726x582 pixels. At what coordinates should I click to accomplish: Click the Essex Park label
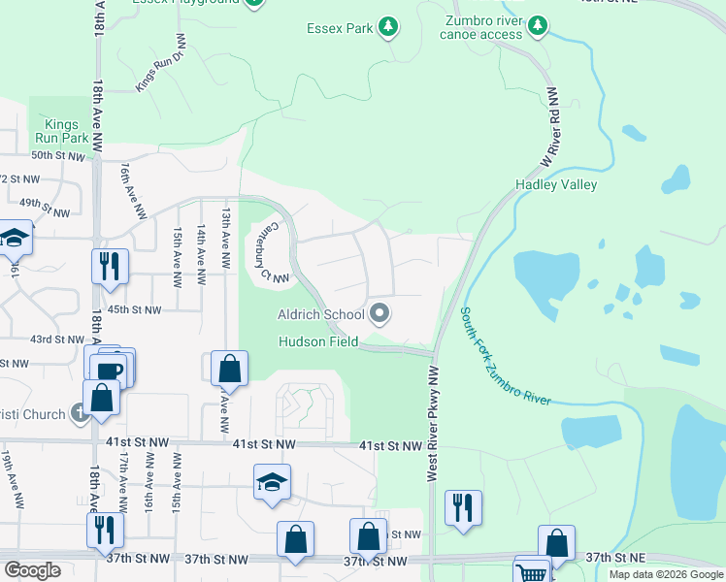(x=339, y=29)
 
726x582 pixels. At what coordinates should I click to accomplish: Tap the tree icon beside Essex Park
(x=388, y=27)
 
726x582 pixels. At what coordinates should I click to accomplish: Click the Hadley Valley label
(x=556, y=184)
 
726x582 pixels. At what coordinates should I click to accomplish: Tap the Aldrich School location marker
(x=379, y=313)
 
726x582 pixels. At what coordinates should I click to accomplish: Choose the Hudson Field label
(x=318, y=341)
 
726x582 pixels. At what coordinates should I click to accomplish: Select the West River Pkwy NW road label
(x=433, y=423)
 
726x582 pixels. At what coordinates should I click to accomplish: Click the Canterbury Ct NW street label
(x=268, y=251)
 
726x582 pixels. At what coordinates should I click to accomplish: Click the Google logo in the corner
(x=32, y=570)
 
